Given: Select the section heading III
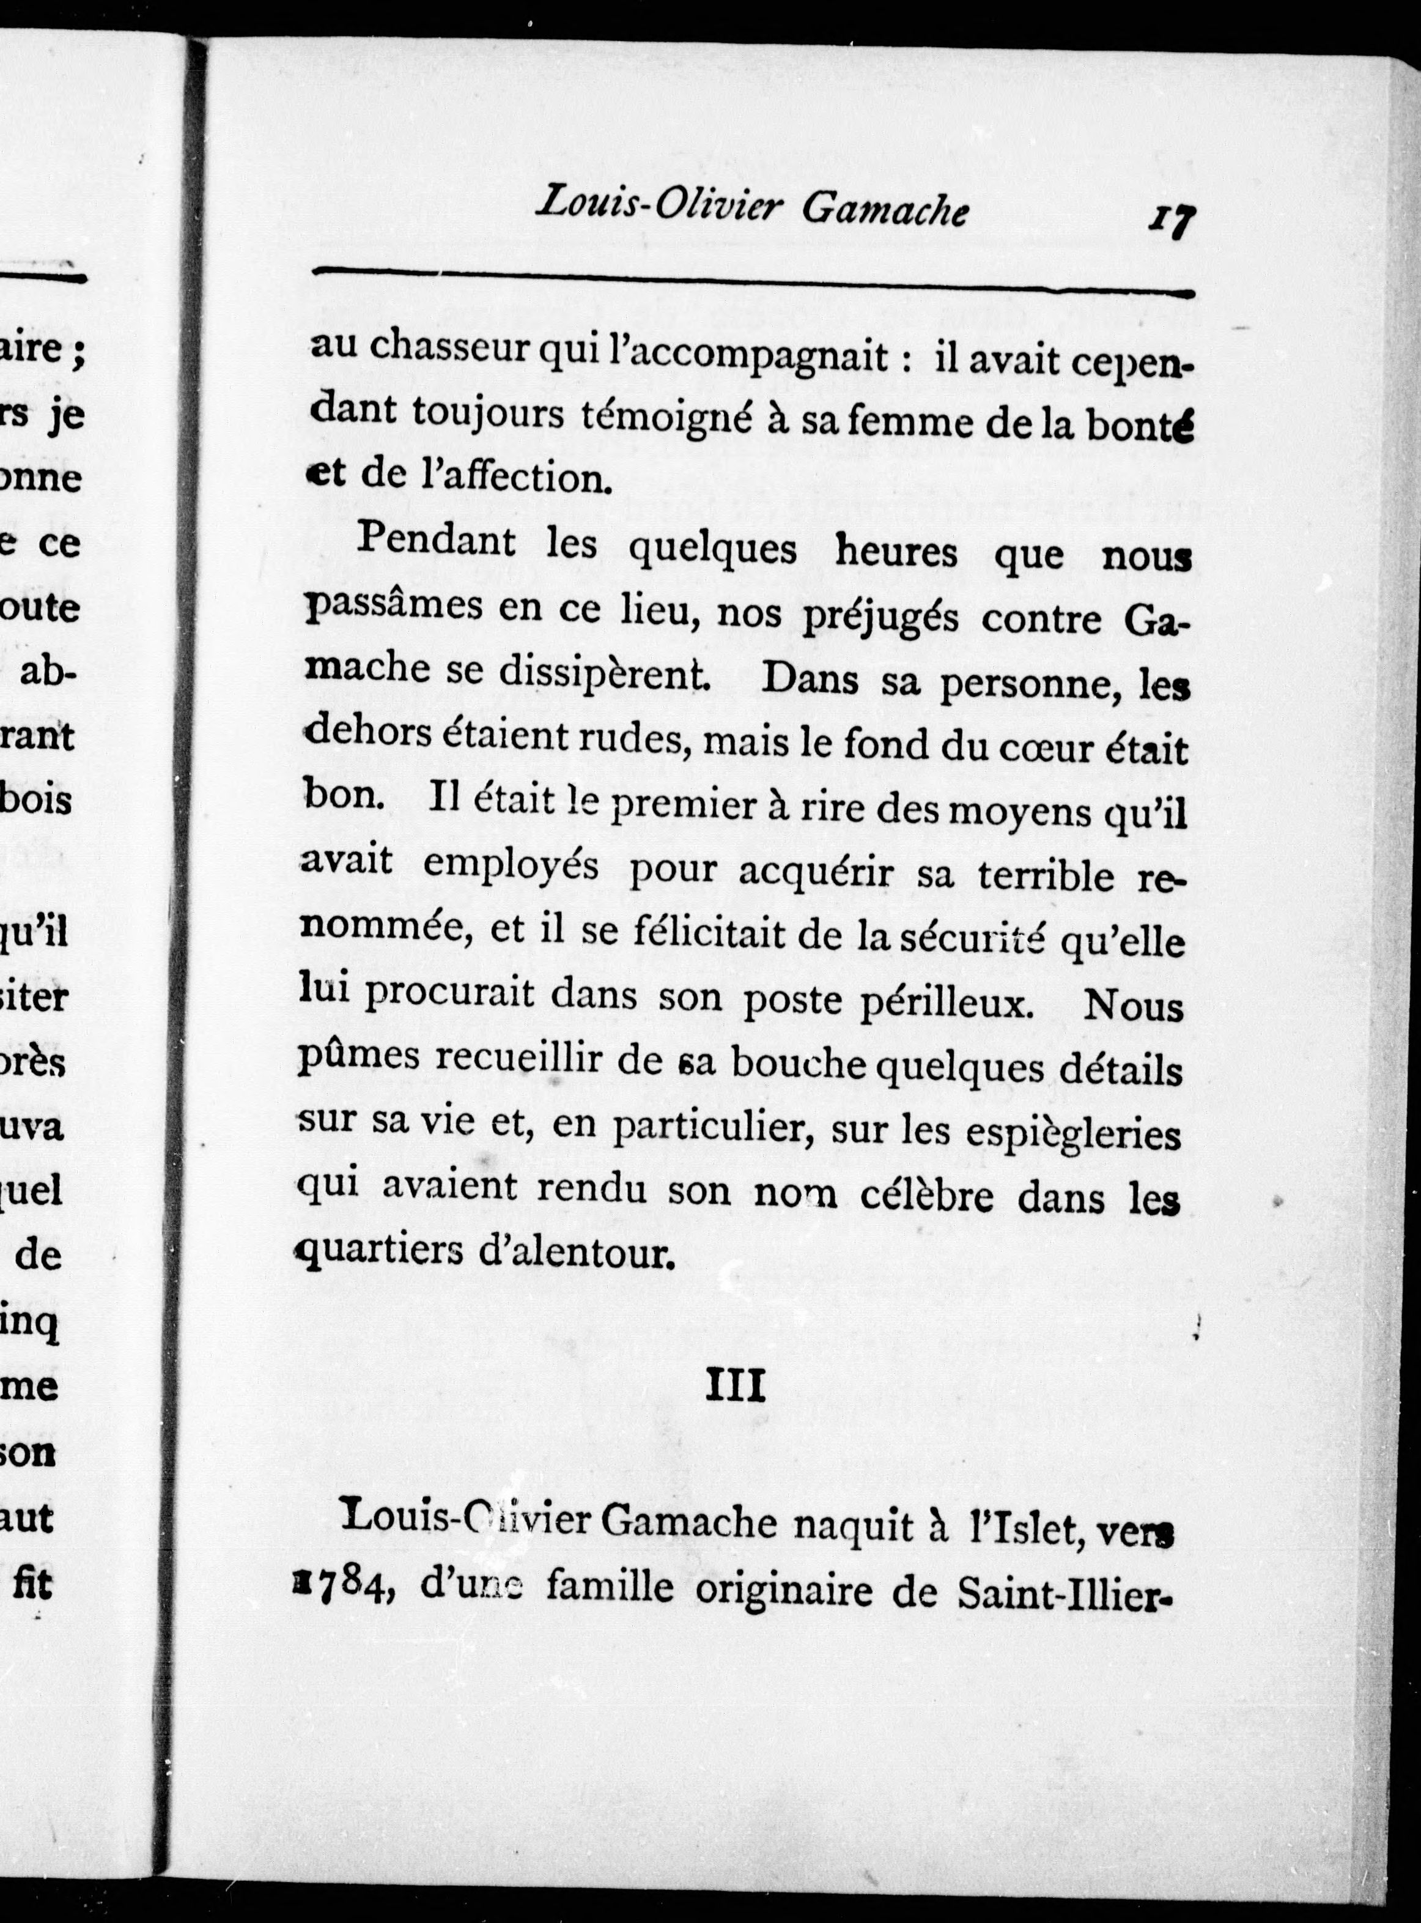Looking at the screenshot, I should (x=736, y=1386).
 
